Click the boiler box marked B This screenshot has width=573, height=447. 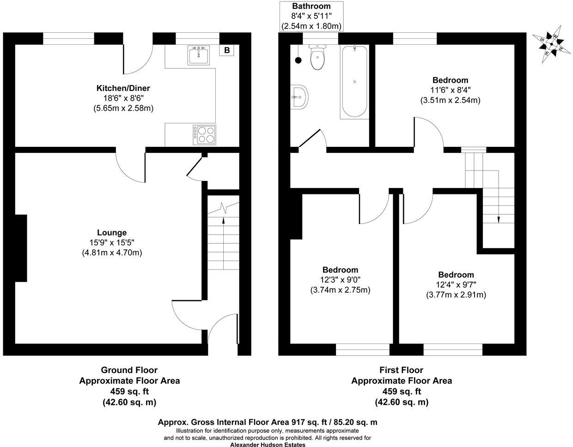coord(227,50)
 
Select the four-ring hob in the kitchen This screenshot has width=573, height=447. coord(204,134)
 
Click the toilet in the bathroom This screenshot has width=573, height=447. coord(317,58)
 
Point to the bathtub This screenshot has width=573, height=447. coord(354,82)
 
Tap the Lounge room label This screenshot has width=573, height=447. coord(112,233)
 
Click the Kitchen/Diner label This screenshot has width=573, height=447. coord(123,88)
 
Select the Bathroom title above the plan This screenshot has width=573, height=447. coord(311,6)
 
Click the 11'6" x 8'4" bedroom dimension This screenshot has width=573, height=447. coord(450,90)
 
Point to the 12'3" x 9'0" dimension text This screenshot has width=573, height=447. coord(340,280)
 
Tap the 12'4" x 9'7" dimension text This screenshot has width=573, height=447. coord(456,284)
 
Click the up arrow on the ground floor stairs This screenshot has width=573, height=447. coord(224,221)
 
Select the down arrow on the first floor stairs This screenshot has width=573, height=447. coord(499,219)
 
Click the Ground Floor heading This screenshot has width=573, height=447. coord(129,370)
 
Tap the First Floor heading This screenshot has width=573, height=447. coord(401,370)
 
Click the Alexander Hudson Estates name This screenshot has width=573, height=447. coord(268,444)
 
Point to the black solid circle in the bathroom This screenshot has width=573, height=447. coord(298,60)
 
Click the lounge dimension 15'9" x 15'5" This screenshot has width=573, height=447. coord(112,242)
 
